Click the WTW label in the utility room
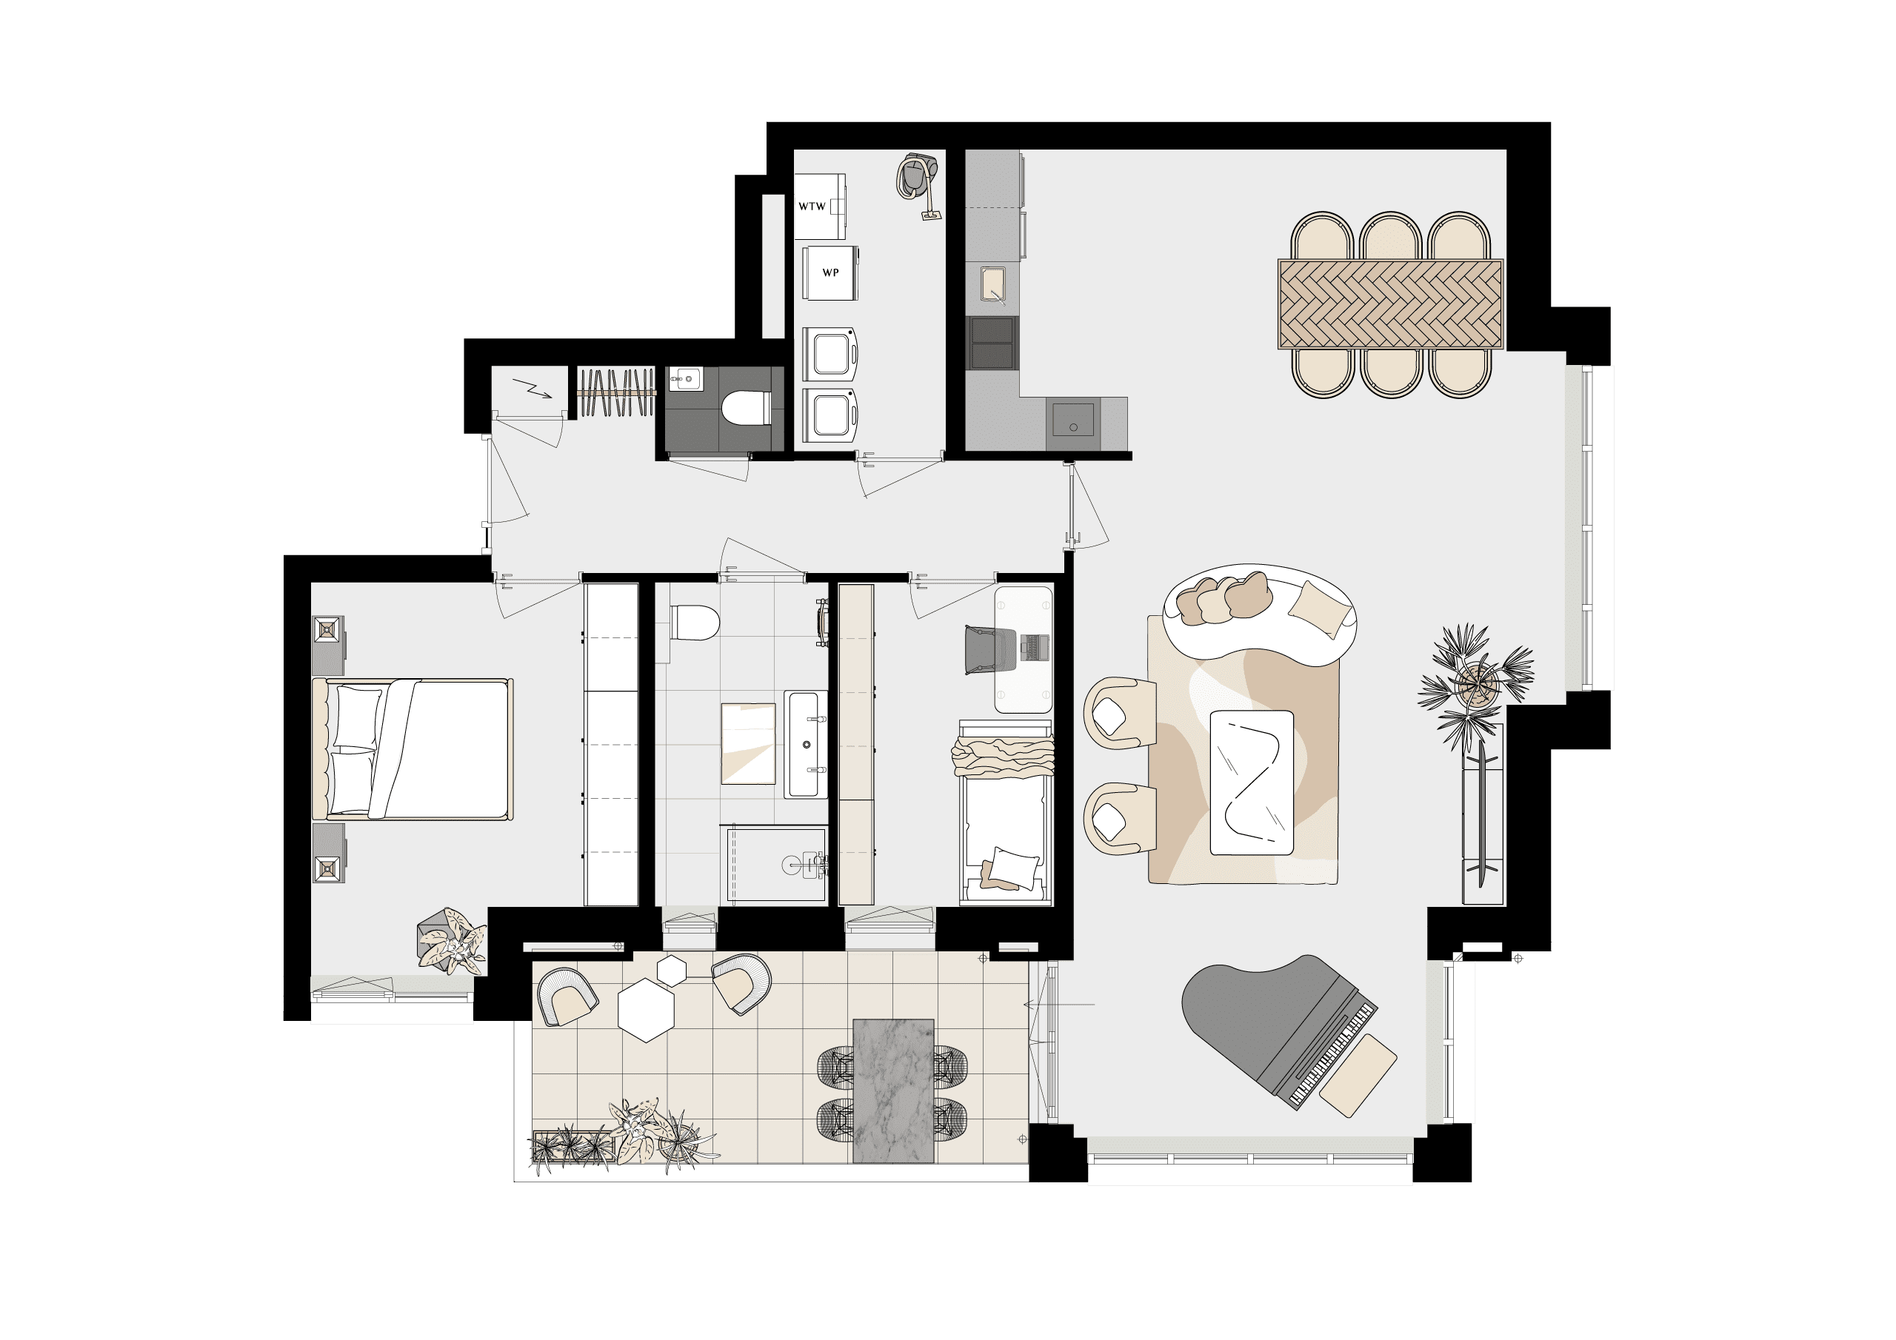(812, 207)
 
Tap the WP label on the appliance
(830, 272)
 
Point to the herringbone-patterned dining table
(1390, 304)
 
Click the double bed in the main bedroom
(412, 749)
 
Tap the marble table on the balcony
(892, 1091)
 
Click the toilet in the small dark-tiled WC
(746, 407)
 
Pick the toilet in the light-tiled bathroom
(694, 623)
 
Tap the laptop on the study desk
(1035, 646)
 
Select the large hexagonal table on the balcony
(647, 1011)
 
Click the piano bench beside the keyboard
(1358, 1075)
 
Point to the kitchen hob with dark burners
(992, 343)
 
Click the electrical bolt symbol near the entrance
(532, 388)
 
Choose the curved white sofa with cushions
(1259, 612)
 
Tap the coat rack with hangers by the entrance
(616, 392)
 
